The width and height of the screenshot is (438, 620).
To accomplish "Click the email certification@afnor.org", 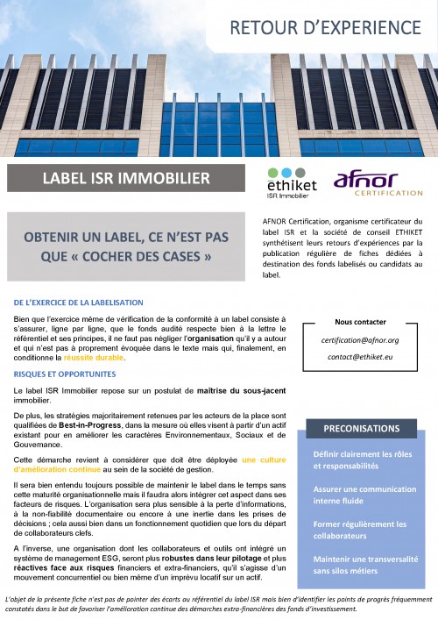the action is point(361,339).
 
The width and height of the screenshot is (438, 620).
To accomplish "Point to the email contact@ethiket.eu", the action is point(361,357).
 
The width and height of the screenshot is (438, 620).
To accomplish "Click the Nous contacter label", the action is point(361,322).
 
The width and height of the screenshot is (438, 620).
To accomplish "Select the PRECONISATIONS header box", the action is point(361,429).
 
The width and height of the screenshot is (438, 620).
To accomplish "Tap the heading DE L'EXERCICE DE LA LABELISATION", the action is point(79,302).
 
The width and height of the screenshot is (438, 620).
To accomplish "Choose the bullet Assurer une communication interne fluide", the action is point(362,496).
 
